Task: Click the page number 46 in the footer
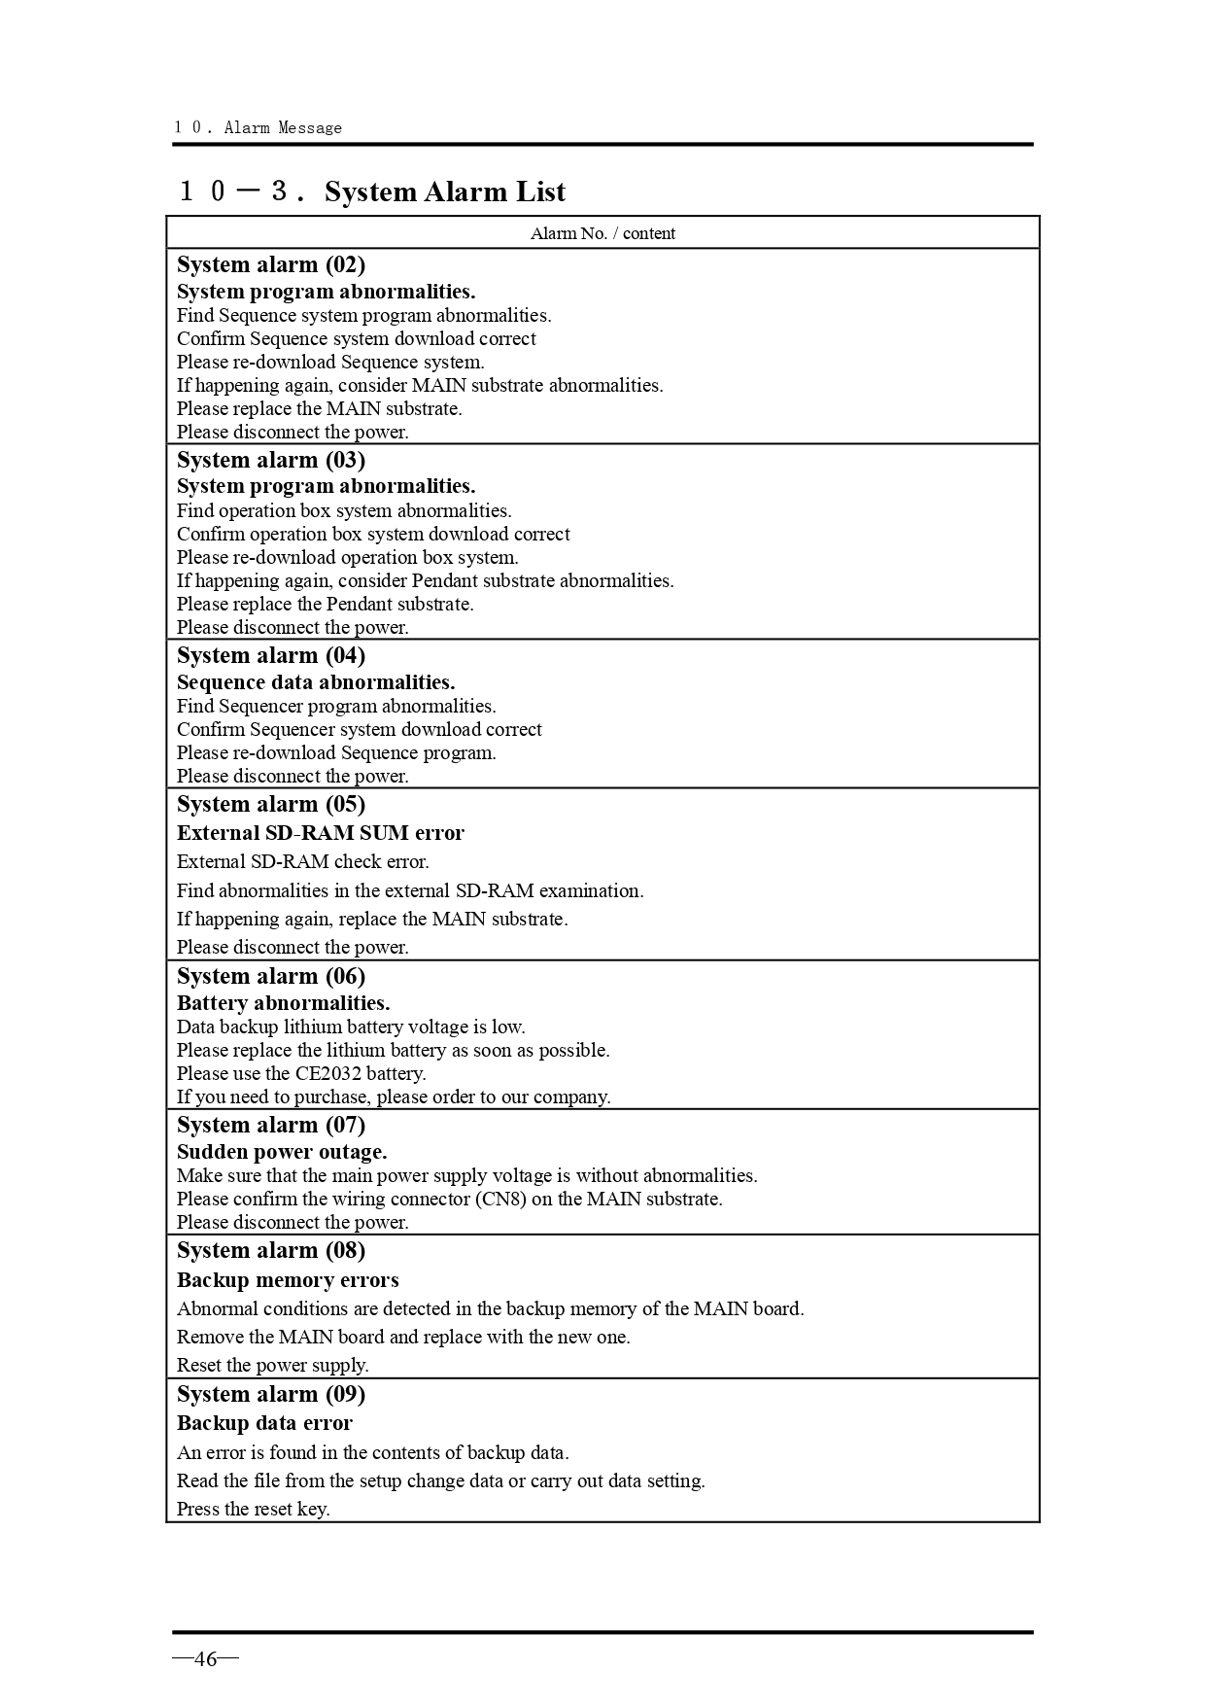(x=205, y=1658)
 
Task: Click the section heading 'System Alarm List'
(x=444, y=192)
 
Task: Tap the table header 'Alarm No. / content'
(x=603, y=233)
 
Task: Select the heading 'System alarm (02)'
(x=271, y=265)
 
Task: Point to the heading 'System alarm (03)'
(x=271, y=461)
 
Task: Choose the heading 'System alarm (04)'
(x=271, y=656)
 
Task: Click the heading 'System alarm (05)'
(x=271, y=805)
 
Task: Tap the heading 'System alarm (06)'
(x=271, y=977)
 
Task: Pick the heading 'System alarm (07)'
(x=271, y=1126)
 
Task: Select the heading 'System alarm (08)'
(x=271, y=1251)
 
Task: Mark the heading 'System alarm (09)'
(x=271, y=1395)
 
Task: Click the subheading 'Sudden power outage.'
(x=282, y=1152)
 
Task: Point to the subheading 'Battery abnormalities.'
(x=283, y=1003)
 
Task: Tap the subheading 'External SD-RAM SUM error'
(x=321, y=833)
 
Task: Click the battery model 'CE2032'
(x=328, y=1074)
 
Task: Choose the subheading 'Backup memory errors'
(x=288, y=1280)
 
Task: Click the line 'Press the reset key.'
(x=253, y=1510)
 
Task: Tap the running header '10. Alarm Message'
(x=258, y=127)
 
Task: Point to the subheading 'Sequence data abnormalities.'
(x=316, y=682)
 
